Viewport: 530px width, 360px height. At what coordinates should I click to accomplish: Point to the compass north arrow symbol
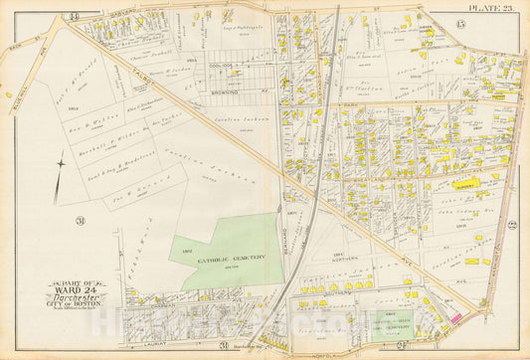tap(61, 162)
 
